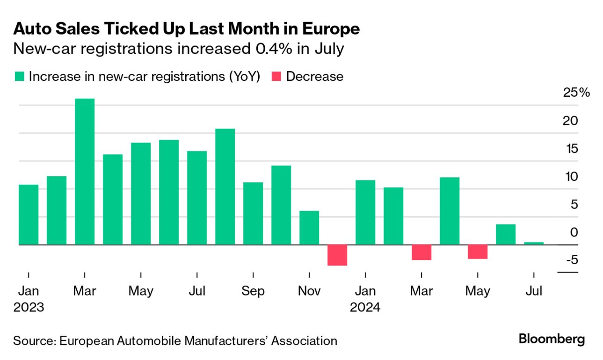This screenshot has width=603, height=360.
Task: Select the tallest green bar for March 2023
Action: [x=85, y=172]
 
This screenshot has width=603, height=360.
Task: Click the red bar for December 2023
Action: [x=337, y=255]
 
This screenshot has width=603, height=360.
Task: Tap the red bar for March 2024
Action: [x=421, y=252]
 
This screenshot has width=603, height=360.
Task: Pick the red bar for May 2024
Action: [x=478, y=252]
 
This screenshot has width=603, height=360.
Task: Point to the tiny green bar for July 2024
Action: [x=534, y=243]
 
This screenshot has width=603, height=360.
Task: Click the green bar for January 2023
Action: [x=29, y=215]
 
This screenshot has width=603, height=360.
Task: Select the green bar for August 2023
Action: [x=225, y=187]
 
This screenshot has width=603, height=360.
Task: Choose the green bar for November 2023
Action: [x=309, y=228]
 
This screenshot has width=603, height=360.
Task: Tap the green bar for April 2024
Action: [x=450, y=211]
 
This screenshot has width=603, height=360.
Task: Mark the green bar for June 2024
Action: [x=506, y=234]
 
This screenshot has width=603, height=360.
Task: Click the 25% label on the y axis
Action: [x=577, y=93]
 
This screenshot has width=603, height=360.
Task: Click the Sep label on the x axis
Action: [x=253, y=291]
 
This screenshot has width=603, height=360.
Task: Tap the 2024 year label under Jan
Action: [x=365, y=308]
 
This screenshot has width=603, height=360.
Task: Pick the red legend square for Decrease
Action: [x=276, y=77]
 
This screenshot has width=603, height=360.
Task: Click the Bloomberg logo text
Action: [x=552, y=339]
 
